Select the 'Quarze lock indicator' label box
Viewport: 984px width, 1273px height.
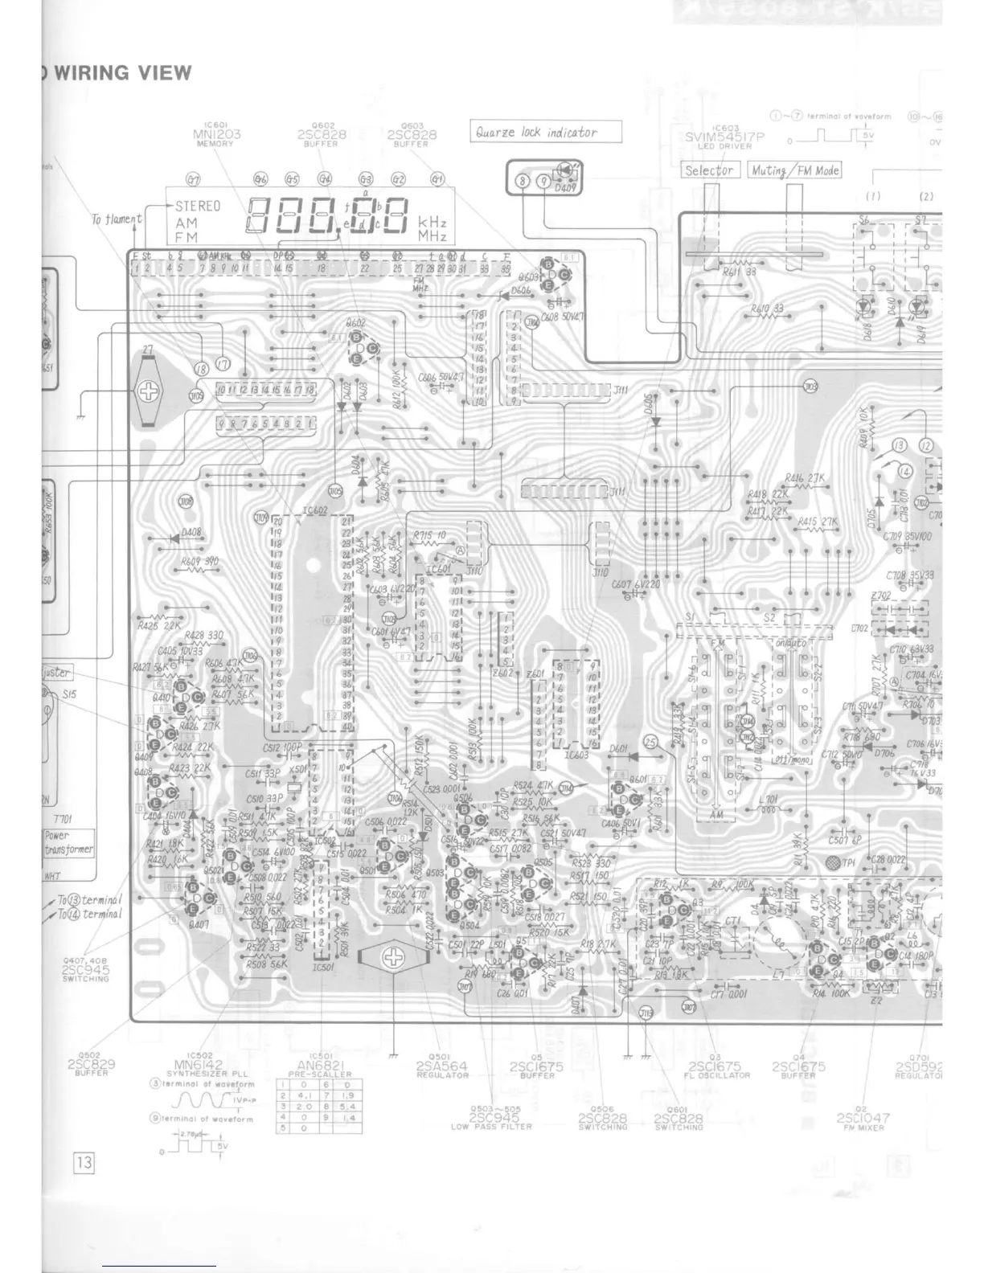tap(545, 132)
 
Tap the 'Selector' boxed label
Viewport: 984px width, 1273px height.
tap(710, 170)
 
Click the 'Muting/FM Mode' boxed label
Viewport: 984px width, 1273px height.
tap(794, 170)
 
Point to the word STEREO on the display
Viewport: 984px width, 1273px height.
tap(197, 207)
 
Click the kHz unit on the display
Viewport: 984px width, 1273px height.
tap(433, 223)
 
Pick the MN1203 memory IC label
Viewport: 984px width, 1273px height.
tap(216, 134)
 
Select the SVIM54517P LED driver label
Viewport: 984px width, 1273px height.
tap(724, 137)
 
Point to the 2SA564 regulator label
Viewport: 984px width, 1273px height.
tap(442, 1066)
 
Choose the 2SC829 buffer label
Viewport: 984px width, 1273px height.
tap(92, 1064)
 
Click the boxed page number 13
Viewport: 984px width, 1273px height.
tap(84, 1162)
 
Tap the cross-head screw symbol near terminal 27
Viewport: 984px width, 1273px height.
tap(149, 391)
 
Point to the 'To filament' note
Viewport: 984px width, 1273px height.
tap(117, 219)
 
